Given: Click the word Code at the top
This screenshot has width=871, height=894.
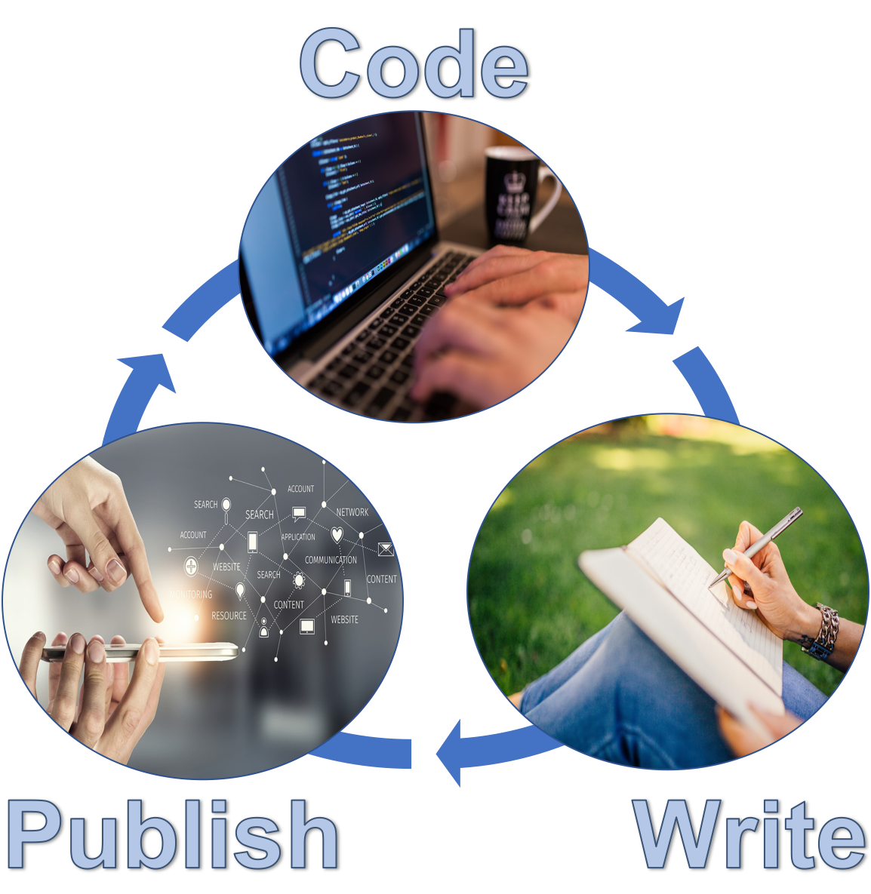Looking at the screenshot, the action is [414, 64].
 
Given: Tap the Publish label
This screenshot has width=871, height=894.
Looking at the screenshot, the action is [172, 835].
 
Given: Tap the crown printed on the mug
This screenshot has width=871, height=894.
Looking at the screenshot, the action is [515, 181].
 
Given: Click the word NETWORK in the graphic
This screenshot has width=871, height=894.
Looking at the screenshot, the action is [352, 512].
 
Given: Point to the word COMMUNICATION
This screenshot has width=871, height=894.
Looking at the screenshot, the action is [331, 560].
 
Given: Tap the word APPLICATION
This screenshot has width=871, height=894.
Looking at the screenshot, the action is [298, 537].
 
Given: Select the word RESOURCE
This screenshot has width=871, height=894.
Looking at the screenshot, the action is [229, 616].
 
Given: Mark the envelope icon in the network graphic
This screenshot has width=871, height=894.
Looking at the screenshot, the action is [386, 549].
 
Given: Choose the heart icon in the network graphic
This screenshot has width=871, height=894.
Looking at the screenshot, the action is [337, 536].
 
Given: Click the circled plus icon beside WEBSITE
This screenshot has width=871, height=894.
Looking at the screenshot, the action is [191, 566].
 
